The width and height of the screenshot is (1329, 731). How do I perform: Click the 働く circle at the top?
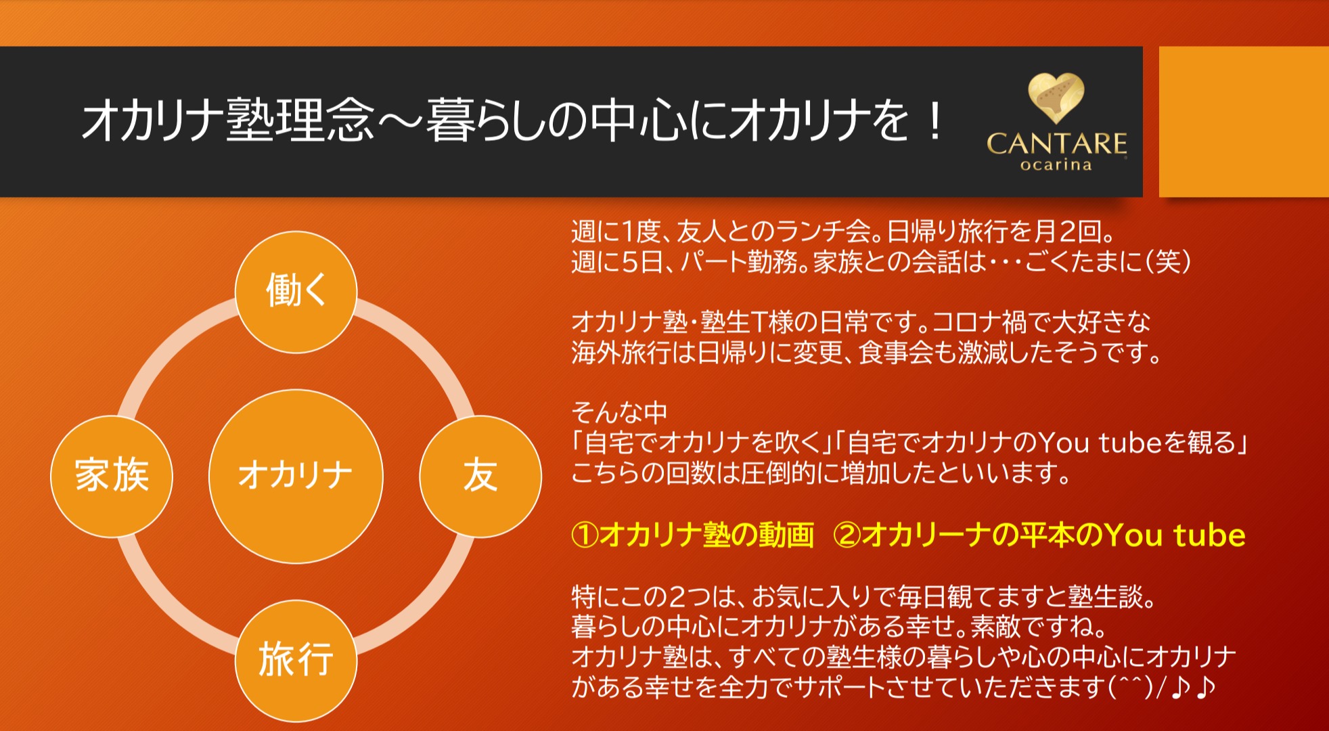pos(296,292)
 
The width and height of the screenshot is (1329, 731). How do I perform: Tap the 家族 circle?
pos(112,476)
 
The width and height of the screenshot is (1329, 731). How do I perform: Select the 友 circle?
pos(480,476)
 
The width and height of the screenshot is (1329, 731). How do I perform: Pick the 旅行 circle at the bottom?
pos(296,660)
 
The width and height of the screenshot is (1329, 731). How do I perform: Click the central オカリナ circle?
pos(296,476)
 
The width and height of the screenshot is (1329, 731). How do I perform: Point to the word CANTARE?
pos(1056,143)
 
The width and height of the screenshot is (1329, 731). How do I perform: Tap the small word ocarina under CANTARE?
pos(1056,165)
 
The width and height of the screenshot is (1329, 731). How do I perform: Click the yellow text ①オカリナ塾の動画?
pos(692,535)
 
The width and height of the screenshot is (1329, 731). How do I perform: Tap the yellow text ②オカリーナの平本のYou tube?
pos(1039,535)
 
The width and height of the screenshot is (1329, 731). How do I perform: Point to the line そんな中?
pos(619,412)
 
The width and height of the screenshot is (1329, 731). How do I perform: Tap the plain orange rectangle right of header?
pos(1244,122)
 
